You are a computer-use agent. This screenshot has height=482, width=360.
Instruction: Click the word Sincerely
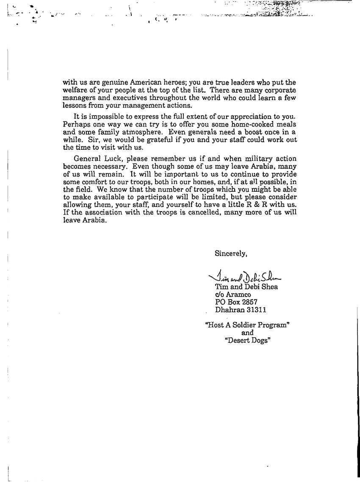tap(231, 253)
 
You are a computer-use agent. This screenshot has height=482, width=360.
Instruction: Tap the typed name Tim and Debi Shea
tap(246, 287)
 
